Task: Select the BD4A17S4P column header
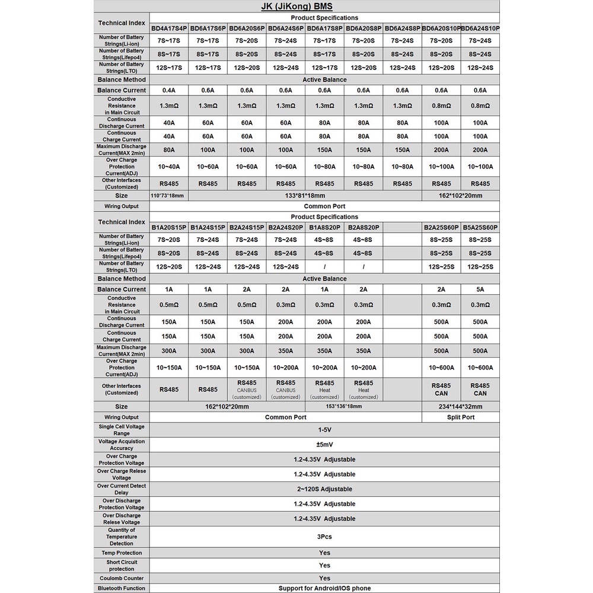click(168, 28)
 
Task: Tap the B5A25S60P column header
click(480, 227)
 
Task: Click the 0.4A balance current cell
click(168, 90)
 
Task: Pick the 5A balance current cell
click(480, 289)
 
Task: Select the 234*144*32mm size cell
click(460, 407)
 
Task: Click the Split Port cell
click(460, 417)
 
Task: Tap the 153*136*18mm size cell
click(344, 407)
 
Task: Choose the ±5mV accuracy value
click(324, 445)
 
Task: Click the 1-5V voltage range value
click(324, 430)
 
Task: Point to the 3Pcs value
click(324, 536)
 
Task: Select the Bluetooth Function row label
click(122, 588)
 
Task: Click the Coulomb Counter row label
click(122, 578)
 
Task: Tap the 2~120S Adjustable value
click(324, 489)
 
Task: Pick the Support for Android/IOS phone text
click(324, 588)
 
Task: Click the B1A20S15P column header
click(168, 227)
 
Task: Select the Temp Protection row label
click(122, 553)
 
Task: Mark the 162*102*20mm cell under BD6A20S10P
click(460, 196)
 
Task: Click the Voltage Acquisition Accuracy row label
click(122, 445)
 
